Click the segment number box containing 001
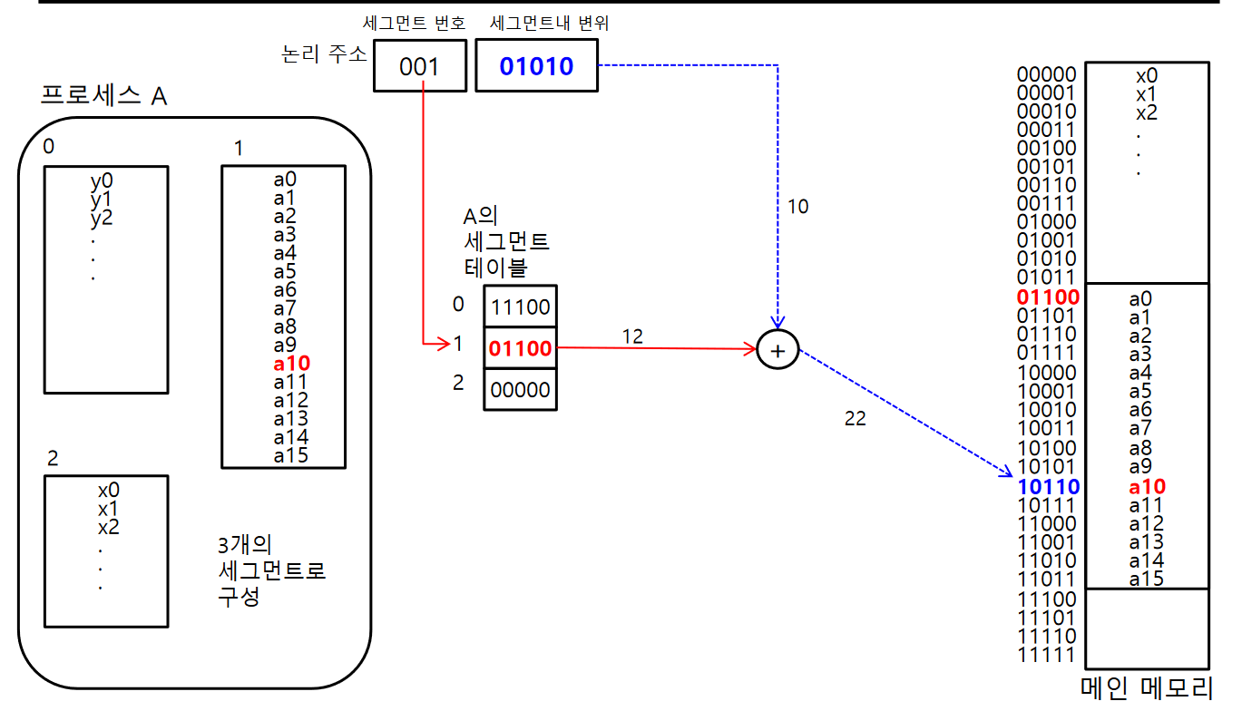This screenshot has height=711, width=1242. pos(419,67)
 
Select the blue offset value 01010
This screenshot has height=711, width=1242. pos(536,67)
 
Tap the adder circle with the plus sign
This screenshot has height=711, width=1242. pos(777,349)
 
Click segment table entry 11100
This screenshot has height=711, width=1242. pos(521,307)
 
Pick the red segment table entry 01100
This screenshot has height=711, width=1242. pos(521,348)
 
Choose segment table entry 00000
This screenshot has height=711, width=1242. pos(521,389)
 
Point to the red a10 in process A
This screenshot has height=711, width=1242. pos(291,364)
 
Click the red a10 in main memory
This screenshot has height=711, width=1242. pos(1147,486)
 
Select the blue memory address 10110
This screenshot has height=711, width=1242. pos(1048,486)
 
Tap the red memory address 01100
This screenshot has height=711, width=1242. pos(1048,297)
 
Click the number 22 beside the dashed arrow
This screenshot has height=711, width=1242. pos(855,419)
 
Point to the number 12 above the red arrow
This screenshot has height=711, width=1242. pos(632,336)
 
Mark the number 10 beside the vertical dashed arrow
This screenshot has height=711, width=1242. pos(797,207)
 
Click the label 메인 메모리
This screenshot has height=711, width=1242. pos(1147,687)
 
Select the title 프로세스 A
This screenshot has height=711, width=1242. pos(104,96)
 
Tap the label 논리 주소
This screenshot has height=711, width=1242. pos(324,54)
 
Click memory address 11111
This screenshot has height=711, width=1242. pos(1047,655)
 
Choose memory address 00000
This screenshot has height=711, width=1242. pos(1047,74)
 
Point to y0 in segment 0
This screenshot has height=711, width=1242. pos(101,180)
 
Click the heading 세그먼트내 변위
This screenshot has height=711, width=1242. pos(549,24)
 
